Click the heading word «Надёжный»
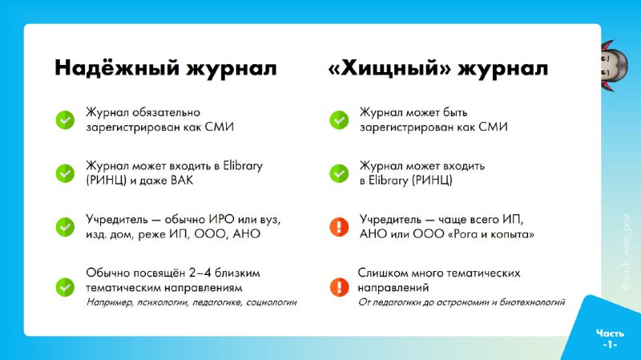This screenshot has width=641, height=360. pyautogui.click(x=117, y=68)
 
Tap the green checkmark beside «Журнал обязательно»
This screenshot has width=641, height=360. pyautogui.click(x=65, y=119)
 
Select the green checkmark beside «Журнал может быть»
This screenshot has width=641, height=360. pyautogui.click(x=339, y=119)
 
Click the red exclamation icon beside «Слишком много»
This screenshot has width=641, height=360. pyautogui.click(x=339, y=287)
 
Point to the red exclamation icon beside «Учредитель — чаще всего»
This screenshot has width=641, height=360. pyautogui.click(x=339, y=227)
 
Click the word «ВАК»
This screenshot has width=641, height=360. pyautogui.click(x=182, y=180)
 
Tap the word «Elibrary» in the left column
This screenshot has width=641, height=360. pyautogui.click(x=243, y=167)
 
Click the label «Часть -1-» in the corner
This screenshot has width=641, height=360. pyautogui.click(x=610, y=339)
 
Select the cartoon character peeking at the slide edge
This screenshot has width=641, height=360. pyautogui.click(x=613, y=66)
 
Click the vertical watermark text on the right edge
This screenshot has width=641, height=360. pyautogui.click(x=626, y=252)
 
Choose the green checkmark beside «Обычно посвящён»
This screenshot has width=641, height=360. pyautogui.click(x=65, y=287)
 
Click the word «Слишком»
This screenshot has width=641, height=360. pyautogui.click(x=383, y=273)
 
